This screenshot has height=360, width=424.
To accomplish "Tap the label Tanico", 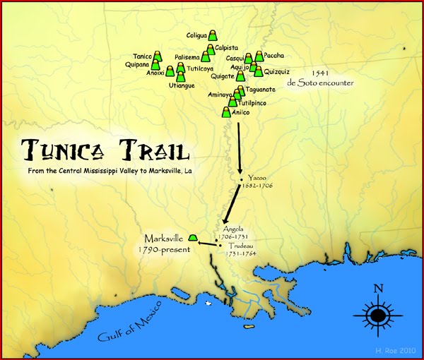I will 143,56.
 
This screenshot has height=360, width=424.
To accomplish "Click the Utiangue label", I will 182,85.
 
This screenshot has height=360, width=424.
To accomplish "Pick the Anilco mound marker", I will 227,111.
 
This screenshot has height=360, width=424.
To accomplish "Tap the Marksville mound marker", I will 193,236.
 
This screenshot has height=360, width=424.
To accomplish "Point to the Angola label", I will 232,229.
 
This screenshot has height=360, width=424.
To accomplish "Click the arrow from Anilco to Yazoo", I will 240,148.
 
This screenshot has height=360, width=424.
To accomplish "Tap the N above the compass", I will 378,288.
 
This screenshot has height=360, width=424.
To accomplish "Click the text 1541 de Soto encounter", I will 319,78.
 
